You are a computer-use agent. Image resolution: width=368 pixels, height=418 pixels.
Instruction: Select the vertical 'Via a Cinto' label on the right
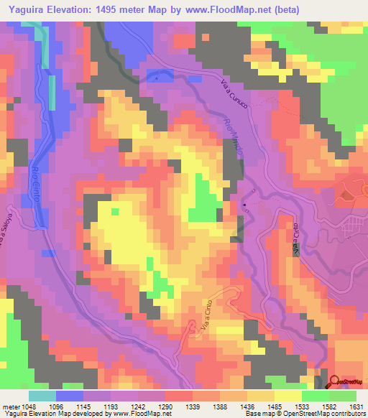pyautogui.click(x=295, y=238)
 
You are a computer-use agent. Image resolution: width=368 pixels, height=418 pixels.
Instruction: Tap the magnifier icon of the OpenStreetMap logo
pyautogui.click(x=333, y=381)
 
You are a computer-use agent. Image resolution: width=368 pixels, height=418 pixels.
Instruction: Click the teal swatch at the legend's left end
pyautogui.click(x=42, y=396)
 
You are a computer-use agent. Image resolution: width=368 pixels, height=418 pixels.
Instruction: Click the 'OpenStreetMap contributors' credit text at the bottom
pyautogui.click(x=320, y=414)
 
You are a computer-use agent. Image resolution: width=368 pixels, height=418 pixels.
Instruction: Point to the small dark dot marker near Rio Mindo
pyautogui.click(x=244, y=206)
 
